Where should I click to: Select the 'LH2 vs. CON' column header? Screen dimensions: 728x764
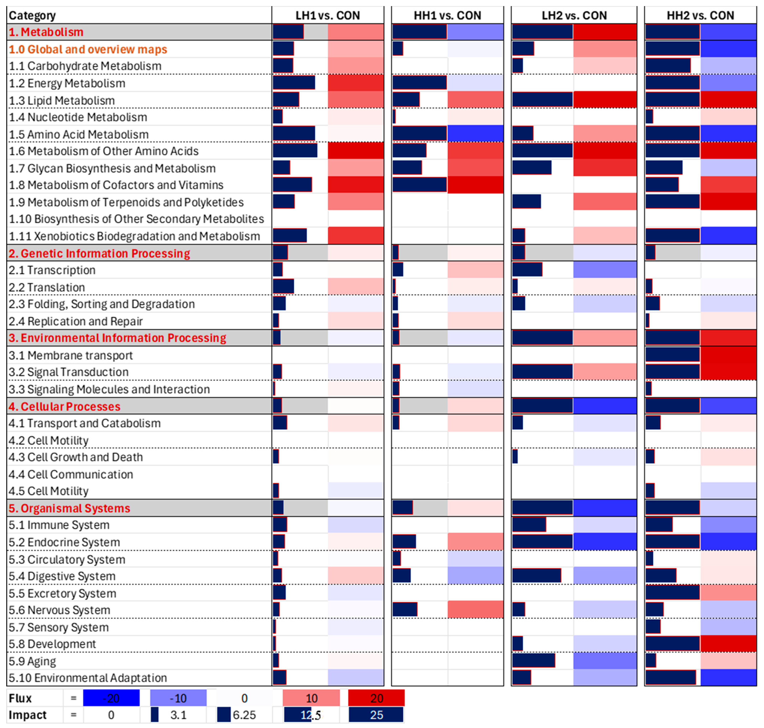pos(574,15)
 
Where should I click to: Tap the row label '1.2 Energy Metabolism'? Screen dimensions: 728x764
pos(67,83)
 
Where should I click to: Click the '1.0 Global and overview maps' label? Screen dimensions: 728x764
pos(88,49)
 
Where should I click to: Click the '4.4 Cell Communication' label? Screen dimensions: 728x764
pos(71,474)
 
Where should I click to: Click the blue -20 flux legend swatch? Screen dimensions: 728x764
pos(111,698)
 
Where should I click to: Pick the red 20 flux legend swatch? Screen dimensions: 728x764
pos(376,698)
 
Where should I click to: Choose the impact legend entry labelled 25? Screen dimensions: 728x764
pos(376,715)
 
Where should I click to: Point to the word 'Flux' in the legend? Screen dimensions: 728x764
pos(20,698)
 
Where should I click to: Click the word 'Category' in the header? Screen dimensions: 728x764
pos(32,15)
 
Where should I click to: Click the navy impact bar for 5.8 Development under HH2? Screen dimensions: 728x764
pos(673,644)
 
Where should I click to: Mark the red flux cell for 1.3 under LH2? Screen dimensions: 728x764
pos(605,100)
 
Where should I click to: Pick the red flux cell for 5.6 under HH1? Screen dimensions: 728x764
pos(475,610)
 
